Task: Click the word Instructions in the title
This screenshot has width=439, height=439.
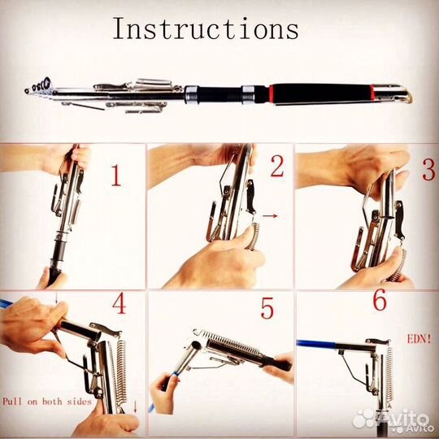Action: tap(206, 28)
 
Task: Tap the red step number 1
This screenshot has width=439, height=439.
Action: tap(116, 176)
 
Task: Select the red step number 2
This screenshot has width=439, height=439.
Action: tap(277, 167)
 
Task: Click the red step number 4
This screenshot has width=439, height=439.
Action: tap(120, 303)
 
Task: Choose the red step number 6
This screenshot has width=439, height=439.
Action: tap(380, 300)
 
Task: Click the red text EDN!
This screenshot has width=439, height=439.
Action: tap(419, 340)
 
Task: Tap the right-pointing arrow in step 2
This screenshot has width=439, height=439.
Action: tap(270, 215)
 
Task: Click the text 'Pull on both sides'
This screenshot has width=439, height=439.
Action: tap(47, 402)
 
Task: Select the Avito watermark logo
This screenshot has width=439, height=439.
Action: tap(392, 420)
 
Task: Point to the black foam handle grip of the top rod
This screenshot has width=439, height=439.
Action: tap(322, 93)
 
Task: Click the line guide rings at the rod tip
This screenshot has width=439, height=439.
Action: tap(39, 85)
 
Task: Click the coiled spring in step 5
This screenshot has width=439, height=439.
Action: tap(228, 342)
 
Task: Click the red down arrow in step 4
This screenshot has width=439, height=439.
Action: tap(136, 406)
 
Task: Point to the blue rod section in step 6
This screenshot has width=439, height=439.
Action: tap(315, 343)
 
